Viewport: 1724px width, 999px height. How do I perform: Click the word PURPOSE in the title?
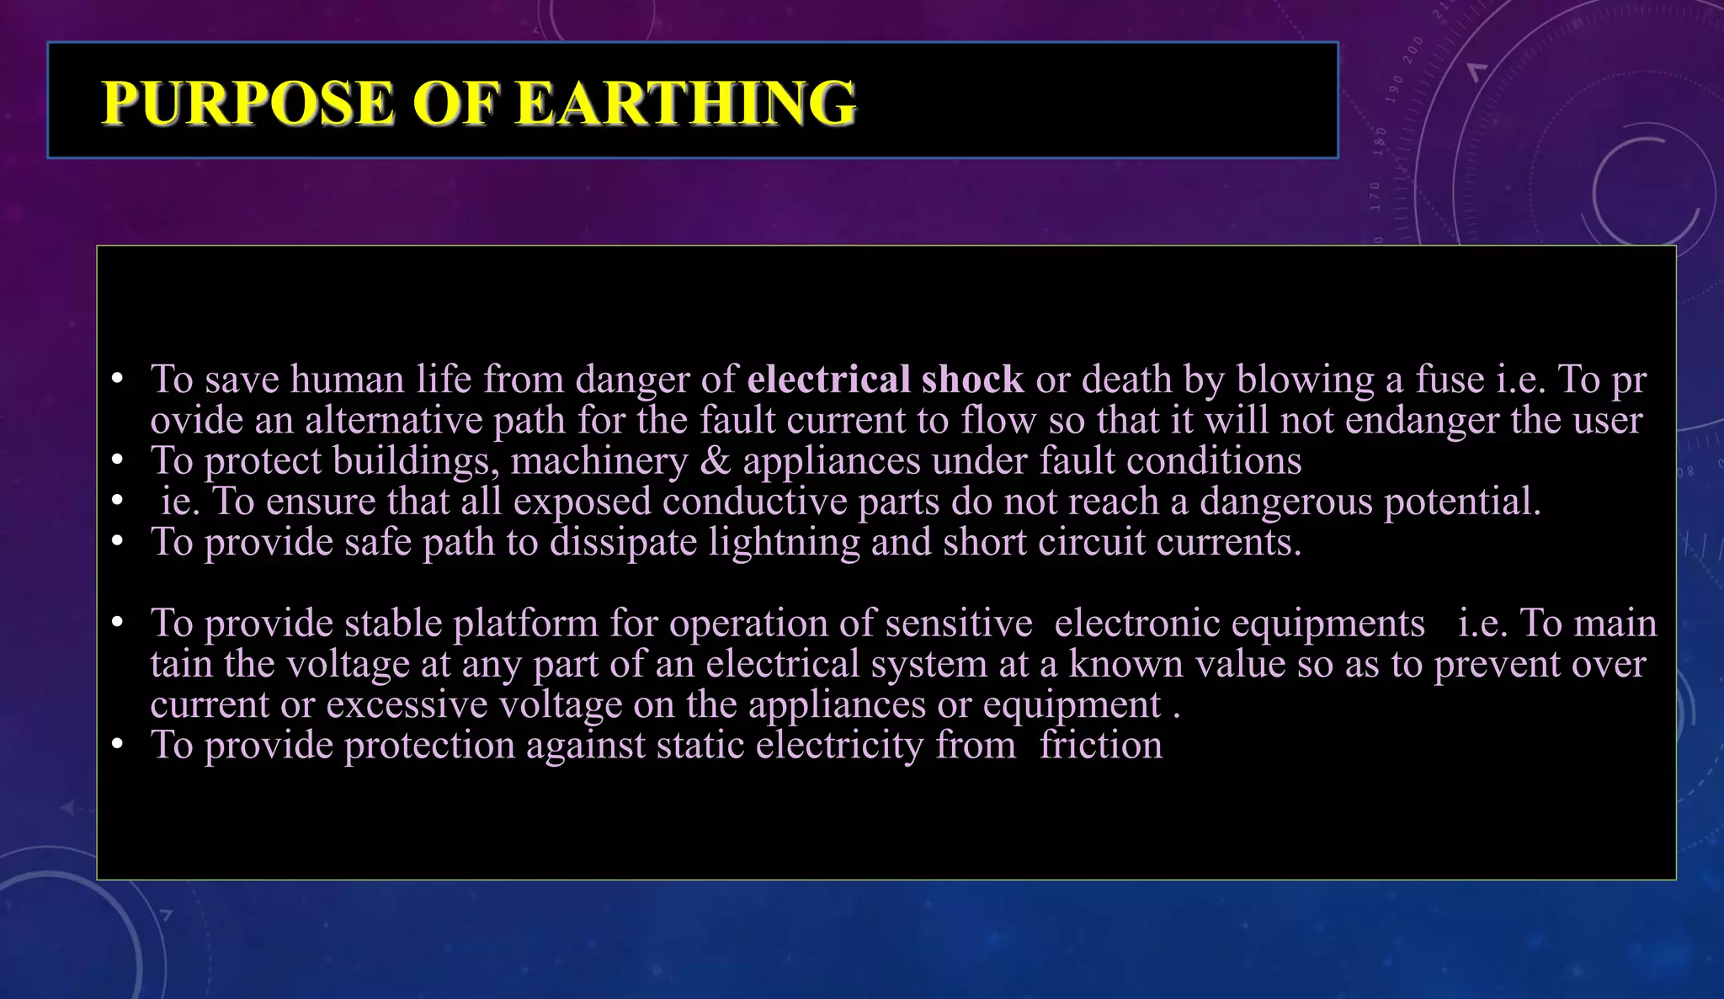[x=247, y=104]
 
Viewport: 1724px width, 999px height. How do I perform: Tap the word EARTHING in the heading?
[x=685, y=104]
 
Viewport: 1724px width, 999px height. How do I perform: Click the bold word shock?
[x=972, y=380]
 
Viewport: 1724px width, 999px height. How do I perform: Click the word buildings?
[x=415, y=461]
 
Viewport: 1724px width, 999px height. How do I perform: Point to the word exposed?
[x=583, y=502]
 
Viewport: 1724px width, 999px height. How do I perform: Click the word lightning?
[x=784, y=542]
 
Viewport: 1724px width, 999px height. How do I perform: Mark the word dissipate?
[x=623, y=542]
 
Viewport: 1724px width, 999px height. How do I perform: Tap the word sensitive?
[x=959, y=624]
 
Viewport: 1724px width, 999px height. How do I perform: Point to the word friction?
[x=1100, y=746]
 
